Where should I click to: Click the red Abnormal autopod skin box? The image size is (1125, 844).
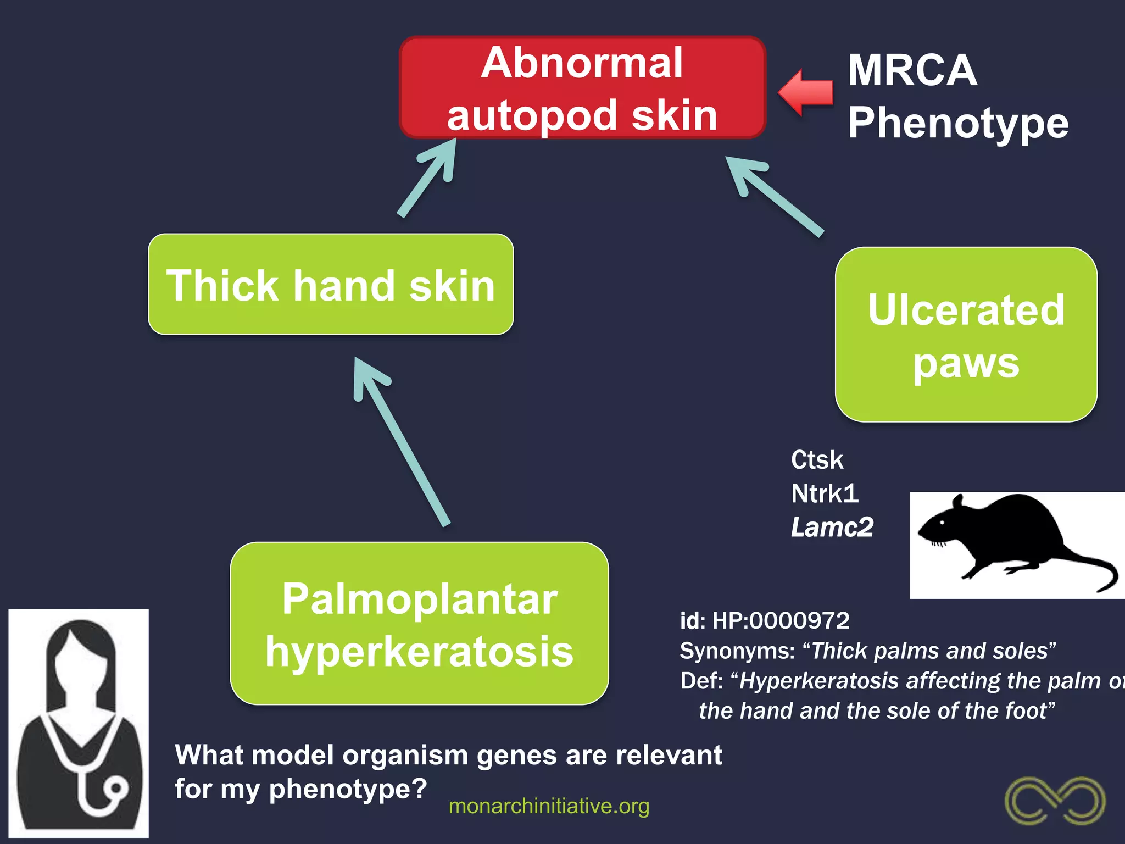click(x=582, y=88)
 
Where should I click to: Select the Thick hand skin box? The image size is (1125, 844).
click(x=331, y=285)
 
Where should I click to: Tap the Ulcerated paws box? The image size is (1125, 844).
click(x=966, y=335)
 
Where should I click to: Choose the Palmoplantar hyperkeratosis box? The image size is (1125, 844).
click(x=419, y=624)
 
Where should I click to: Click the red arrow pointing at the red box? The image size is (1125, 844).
click(x=806, y=92)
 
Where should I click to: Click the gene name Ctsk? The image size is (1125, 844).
click(x=817, y=460)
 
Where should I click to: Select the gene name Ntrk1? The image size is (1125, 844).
click(x=824, y=493)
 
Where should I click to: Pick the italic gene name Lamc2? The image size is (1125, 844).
click(x=832, y=527)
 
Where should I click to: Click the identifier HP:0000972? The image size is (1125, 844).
click(x=781, y=621)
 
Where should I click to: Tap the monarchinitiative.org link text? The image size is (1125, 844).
click(x=549, y=806)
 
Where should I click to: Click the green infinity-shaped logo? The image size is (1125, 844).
click(x=1055, y=800)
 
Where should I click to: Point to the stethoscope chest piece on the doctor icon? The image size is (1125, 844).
click(x=116, y=790)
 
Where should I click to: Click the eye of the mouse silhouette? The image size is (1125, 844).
click(x=943, y=521)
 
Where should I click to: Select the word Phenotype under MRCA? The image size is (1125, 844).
click(x=958, y=123)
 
